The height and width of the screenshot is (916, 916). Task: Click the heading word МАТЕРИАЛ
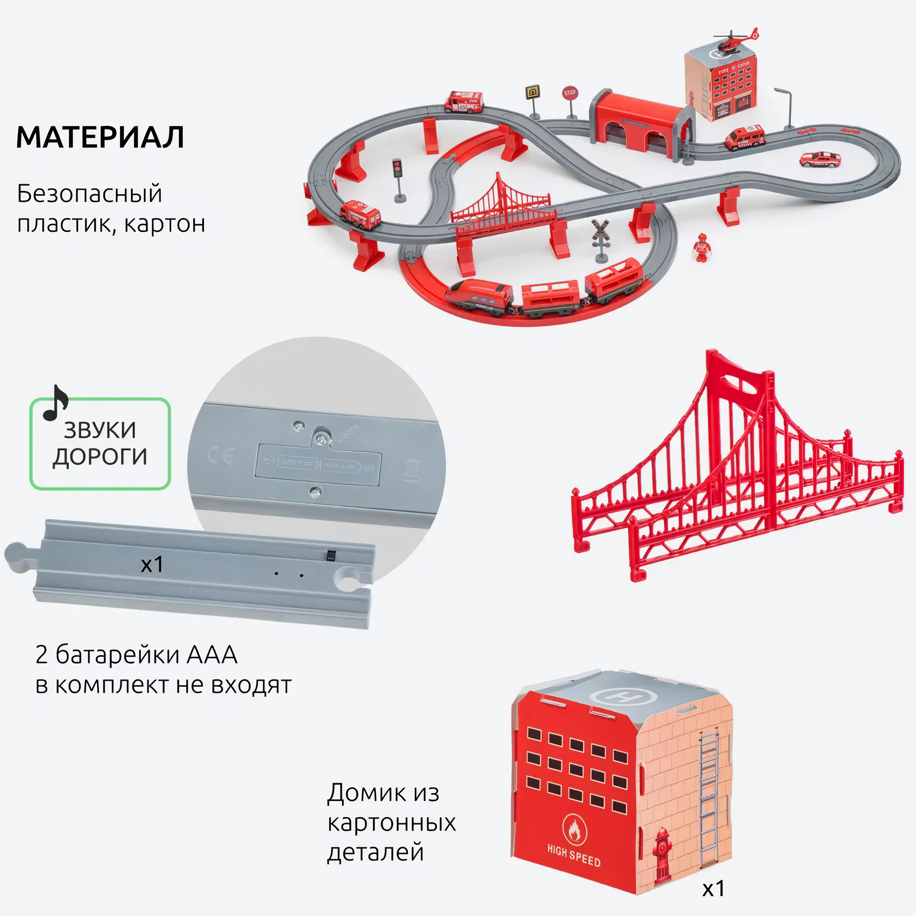point(100,138)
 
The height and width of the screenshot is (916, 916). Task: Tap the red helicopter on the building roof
point(733,41)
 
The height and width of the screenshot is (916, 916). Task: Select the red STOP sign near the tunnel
point(569,94)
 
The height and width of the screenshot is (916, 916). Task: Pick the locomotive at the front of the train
point(479,296)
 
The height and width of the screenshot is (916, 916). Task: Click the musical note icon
point(55,403)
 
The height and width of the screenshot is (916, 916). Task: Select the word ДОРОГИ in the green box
point(100,457)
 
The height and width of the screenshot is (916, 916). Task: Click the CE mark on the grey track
point(220,455)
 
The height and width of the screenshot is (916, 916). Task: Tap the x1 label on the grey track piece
point(152,565)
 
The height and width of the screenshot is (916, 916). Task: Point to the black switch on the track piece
point(331,556)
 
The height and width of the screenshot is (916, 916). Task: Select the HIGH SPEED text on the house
point(573,855)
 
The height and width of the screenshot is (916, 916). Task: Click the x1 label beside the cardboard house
point(713,889)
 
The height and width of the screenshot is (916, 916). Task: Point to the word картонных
point(391,822)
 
